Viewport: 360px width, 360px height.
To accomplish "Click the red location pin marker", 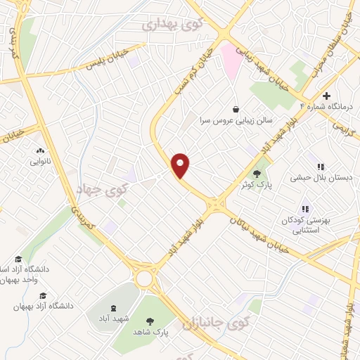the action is (x=181, y=165).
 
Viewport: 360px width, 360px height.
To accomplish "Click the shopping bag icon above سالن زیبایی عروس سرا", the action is (x=234, y=108).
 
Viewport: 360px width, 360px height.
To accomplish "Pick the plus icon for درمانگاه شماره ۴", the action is (x=326, y=96).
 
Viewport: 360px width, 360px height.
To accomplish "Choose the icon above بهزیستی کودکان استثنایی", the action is (x=305, y=209).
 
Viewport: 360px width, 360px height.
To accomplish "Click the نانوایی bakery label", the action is (x=39, y=162).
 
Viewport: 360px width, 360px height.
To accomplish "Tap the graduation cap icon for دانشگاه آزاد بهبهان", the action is (x=43, y=296).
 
